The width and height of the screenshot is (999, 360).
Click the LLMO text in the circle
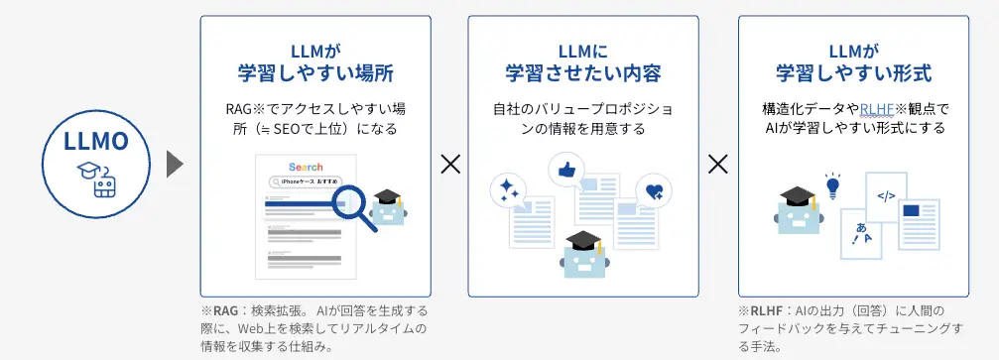pyautogui.click(x=98, y=142)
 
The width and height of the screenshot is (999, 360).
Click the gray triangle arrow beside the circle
pyautogui.click(x=175, y=165)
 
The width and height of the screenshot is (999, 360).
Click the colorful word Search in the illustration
pyautogui.click(x=306, y=167)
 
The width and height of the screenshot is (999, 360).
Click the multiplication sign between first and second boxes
pyautogui.click(x=450, y=165)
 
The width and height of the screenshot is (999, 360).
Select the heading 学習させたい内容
pyautogui.click(x=583, y=73)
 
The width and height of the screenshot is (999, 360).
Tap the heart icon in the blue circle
pyautogui.click(x=654, y=191)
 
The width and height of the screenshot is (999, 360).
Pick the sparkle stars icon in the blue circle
pyautogui.click(x=510, y=188)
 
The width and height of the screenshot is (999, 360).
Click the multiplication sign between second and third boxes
pyautogui.click(x=718, y=165)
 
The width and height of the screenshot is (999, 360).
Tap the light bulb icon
pyautogui.click(x=833, y=185)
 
